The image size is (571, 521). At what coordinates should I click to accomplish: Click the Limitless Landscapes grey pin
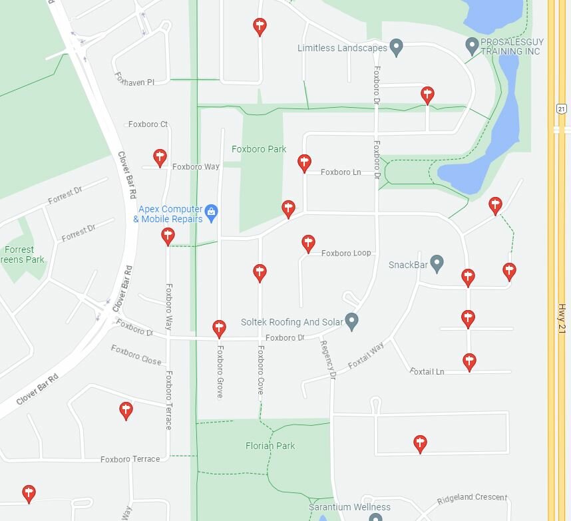tap(397, 48)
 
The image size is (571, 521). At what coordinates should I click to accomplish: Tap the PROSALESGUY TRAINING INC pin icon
tap(472, 46)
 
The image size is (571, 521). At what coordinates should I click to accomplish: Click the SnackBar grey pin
tap(437, 263)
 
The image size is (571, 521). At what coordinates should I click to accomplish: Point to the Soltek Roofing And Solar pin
tap(352, 321)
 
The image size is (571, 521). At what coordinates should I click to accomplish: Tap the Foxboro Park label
tap(259, 149)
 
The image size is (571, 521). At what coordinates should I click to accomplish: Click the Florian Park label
tap(270, 446)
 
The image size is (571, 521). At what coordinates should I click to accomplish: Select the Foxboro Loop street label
tap(346, 253)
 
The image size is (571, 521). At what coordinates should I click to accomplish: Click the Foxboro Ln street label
tap(341, 172)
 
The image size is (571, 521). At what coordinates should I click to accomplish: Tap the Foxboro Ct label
tap(148, 124)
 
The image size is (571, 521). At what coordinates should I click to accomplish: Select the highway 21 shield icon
tap(561, 108)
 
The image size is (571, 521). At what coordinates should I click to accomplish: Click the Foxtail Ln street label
tap(427, 371)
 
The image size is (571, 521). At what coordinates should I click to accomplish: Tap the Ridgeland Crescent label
tap(472, 498)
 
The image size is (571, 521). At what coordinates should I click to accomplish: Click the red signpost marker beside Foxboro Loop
tap(308, 244)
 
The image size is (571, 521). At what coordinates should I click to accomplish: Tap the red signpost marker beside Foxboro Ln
tap(304, 162)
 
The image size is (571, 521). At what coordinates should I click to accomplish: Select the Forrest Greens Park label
tap(20, 254)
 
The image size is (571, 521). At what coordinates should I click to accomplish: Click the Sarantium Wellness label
tap(340, 507)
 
